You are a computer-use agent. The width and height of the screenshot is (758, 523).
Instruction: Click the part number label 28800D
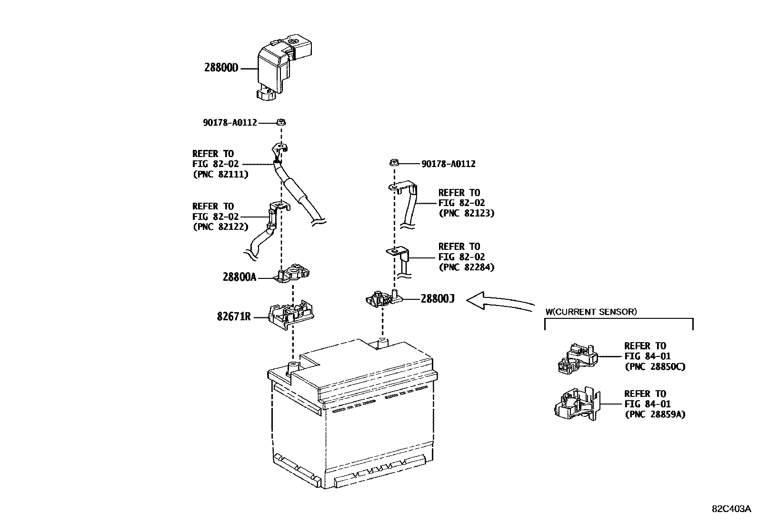221,68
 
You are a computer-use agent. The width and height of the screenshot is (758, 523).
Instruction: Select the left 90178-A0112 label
230,123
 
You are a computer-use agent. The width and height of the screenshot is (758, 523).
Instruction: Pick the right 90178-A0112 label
448,164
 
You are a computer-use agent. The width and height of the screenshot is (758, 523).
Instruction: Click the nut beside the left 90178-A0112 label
281,122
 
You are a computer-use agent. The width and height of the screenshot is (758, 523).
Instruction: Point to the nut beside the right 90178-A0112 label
394,163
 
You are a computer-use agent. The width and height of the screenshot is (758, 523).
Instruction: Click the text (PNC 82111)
220,175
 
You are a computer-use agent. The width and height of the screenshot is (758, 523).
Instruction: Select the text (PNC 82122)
220,227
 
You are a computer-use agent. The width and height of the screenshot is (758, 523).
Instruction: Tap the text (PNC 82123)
466,214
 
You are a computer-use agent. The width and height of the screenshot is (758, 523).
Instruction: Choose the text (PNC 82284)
466,267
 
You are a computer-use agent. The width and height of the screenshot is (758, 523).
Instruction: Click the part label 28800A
239,276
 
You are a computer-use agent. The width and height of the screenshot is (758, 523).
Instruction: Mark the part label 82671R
233,316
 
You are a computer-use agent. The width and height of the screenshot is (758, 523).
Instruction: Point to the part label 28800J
437,299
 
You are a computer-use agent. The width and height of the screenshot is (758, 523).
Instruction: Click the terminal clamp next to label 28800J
383,299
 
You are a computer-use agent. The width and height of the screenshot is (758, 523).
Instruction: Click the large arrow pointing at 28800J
500,303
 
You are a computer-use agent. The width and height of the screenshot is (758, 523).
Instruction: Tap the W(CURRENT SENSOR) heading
591,312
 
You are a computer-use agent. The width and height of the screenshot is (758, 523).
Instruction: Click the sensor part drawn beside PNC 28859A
577,405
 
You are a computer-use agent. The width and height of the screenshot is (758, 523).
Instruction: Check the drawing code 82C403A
731,508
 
